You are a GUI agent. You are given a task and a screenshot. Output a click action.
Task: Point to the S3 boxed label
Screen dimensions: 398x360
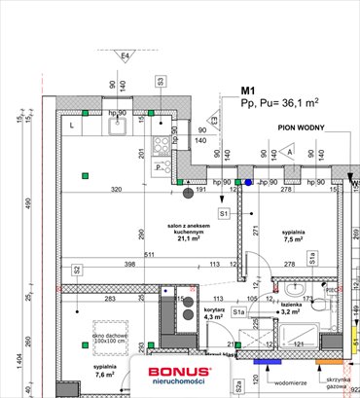pos(160,82)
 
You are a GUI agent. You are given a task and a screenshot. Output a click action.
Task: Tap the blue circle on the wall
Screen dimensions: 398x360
pos(248,181)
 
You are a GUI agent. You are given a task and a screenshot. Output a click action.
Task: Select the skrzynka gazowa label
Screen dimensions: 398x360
pos(336,380)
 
